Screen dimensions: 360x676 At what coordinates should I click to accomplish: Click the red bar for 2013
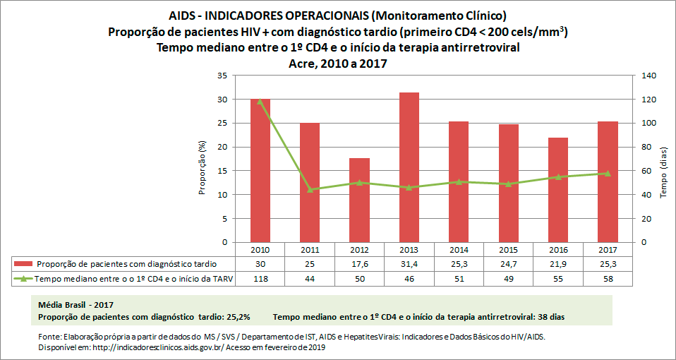pos(409,167)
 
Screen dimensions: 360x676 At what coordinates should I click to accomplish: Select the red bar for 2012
pos(359,200)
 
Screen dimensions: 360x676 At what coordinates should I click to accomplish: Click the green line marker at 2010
pos(260,102)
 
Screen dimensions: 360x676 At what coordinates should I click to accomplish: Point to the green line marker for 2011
pos(310,189)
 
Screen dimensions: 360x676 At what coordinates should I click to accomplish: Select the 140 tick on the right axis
pos(648,76)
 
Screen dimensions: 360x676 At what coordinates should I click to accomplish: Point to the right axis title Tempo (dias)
pos(663,177)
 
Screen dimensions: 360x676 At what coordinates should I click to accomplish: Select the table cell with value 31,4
pos(409,264)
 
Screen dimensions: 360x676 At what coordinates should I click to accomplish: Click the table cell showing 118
pos(260,279)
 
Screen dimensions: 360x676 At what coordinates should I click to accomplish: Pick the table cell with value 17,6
pos(359,264)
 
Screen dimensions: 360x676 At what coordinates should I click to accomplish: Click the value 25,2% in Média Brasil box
pos(235,317)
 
